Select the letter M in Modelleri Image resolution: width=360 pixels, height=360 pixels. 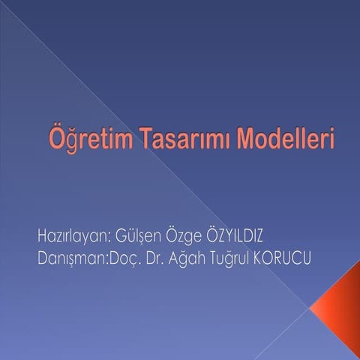pos(247,140)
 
